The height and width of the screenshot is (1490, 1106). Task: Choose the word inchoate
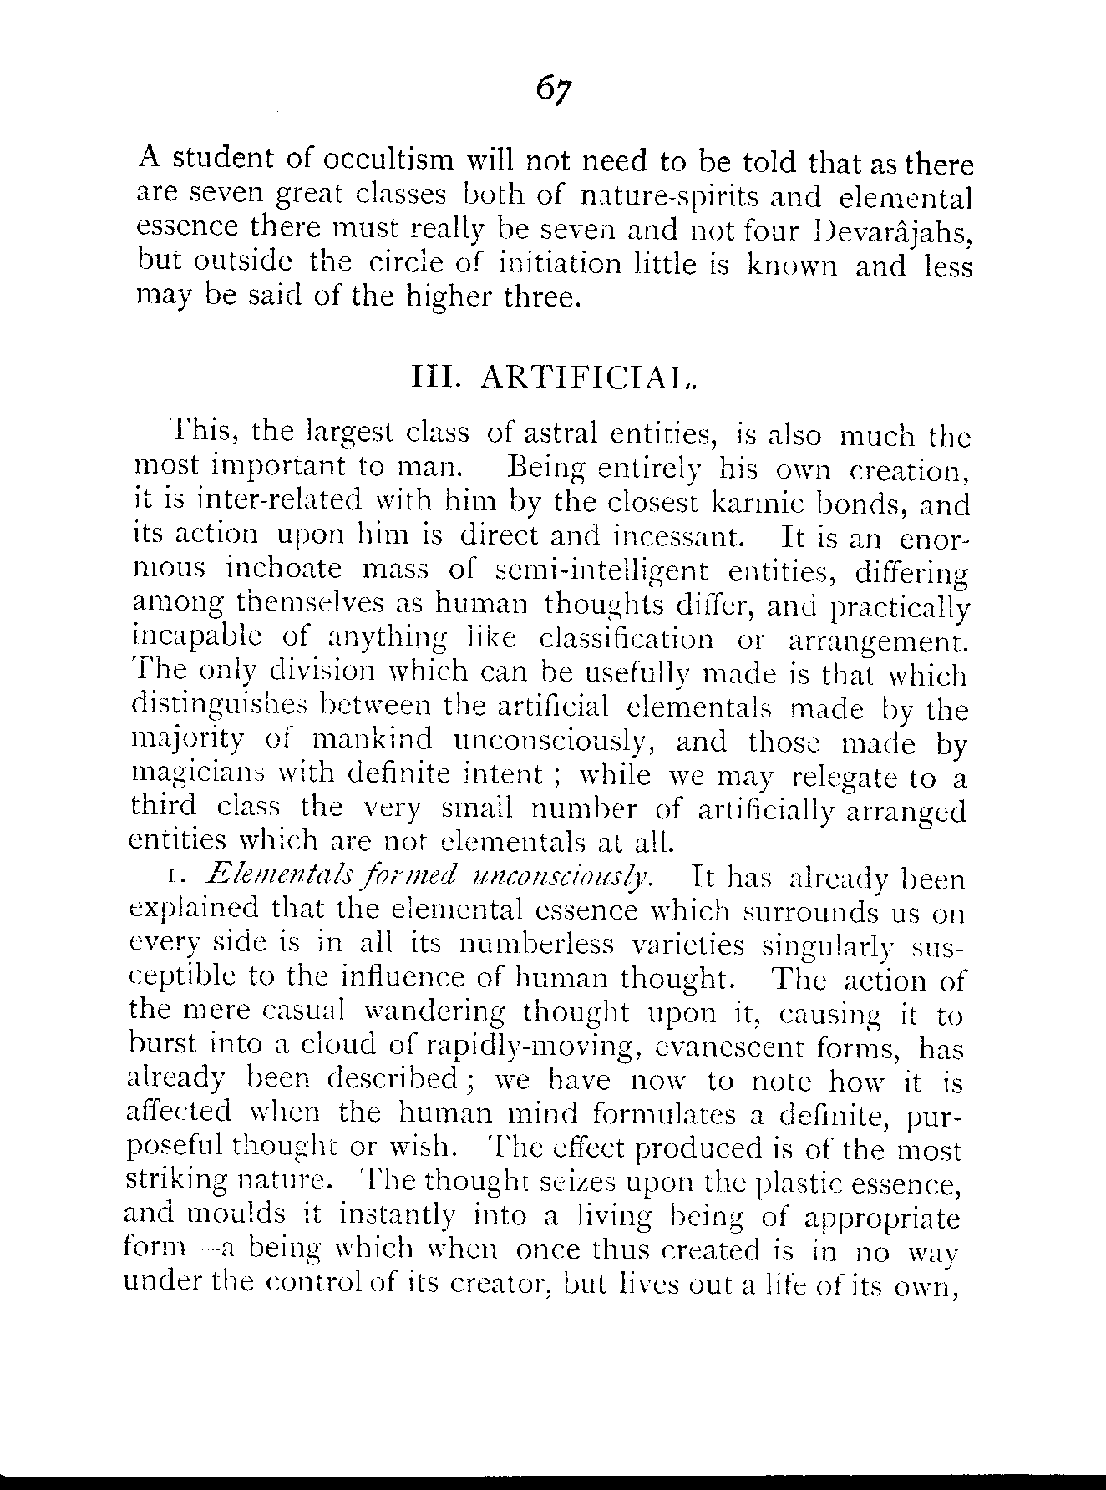click(x=283, y=571)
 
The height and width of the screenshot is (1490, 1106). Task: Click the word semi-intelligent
click(x=601, y=571)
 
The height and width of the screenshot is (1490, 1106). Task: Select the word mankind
click(x=372, y=741)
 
